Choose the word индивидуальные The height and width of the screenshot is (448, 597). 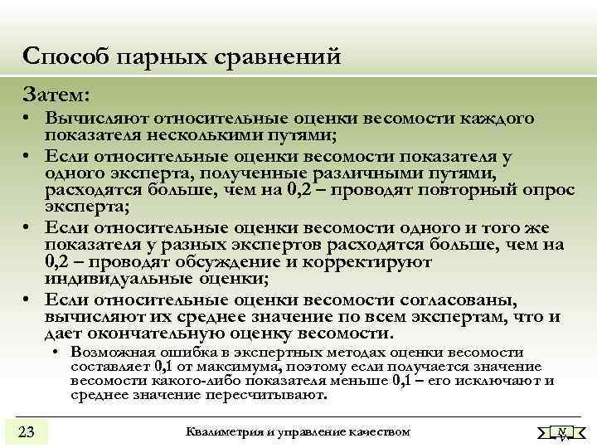pyautogui.click(x=124, y=278)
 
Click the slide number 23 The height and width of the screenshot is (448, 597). pyautogui.click(x=26, y=431)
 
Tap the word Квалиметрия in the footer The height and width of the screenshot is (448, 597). pyautogui.click(x=221, y=431)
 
